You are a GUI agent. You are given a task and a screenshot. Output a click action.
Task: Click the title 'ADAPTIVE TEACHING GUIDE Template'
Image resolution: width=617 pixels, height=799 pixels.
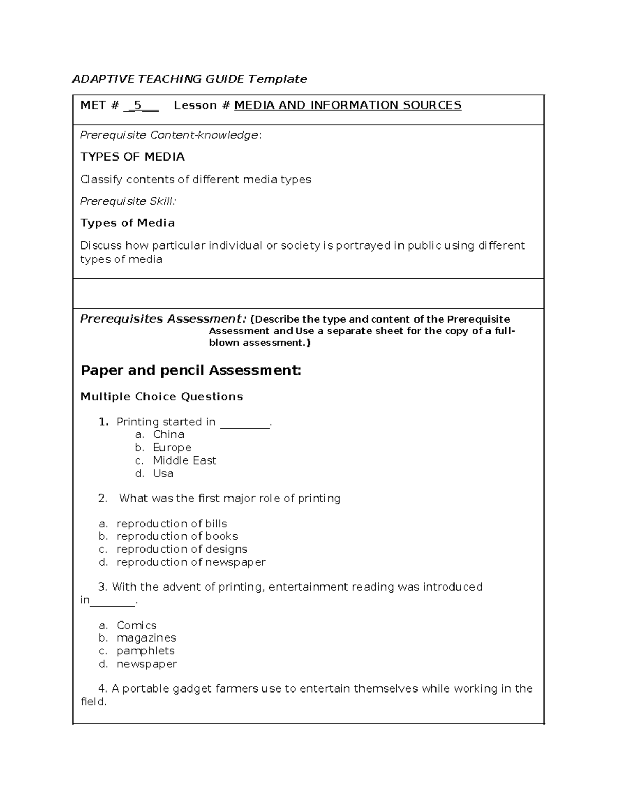189,79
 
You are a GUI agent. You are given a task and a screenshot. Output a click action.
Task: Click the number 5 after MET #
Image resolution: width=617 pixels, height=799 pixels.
137,105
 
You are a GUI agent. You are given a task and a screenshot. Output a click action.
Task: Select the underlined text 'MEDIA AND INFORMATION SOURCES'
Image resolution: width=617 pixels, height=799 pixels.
348,105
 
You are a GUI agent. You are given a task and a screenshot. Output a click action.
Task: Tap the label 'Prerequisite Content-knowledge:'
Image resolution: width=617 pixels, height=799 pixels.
171,135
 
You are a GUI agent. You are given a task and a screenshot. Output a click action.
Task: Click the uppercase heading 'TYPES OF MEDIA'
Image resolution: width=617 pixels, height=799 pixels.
132,157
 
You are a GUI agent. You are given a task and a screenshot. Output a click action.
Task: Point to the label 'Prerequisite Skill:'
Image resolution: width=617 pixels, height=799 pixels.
128,201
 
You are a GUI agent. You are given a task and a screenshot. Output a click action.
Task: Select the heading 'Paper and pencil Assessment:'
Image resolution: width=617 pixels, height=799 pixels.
191,370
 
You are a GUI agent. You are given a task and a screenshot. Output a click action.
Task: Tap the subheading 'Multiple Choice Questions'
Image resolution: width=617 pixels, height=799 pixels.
161,397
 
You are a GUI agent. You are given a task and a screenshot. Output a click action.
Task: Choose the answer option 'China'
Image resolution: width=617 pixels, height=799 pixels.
168,434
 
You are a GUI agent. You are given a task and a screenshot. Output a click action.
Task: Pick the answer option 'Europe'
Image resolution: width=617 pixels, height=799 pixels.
172,448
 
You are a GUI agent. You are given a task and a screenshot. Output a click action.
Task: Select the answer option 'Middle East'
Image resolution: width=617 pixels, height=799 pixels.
185,460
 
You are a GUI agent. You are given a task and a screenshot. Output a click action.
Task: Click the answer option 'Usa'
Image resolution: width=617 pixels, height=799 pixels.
163,473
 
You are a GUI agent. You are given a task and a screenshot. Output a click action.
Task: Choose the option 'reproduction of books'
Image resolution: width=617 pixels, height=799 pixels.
177,536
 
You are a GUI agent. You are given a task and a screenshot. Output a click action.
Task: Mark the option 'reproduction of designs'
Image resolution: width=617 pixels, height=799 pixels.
182,549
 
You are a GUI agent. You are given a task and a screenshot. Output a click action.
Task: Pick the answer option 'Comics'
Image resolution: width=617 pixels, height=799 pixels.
136,625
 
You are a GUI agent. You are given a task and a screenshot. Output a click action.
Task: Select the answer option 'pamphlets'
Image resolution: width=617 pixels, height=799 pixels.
146,651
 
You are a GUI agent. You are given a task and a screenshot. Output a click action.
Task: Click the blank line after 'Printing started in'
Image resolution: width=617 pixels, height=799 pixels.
244,423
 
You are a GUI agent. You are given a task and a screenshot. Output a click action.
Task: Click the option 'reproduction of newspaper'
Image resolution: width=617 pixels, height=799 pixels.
191,562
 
